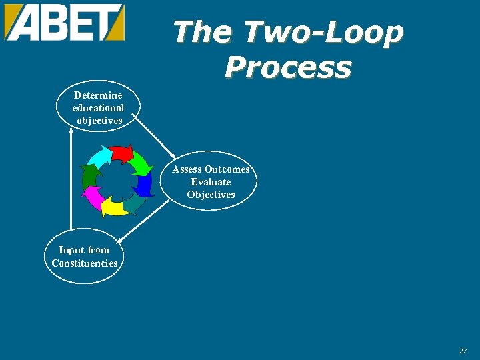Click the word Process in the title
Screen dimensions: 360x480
tap(288, 67)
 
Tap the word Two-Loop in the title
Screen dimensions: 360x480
tap(323, 32)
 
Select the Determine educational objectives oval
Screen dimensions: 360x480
tap(98, 107)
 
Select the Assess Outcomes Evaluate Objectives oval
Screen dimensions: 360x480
tap(211, 181)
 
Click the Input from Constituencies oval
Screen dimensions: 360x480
tap(85, 257)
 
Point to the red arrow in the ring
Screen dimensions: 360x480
tap(121, 154)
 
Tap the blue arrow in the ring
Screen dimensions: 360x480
tap(145, 183)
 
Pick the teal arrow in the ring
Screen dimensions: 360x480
tap(134, 202)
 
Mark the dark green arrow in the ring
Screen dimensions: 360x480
tap(90, 176)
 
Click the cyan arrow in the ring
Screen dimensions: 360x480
tap(101, 158)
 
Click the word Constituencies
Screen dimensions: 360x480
tap(85, 263)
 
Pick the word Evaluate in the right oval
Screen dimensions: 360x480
tap(211, 182)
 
